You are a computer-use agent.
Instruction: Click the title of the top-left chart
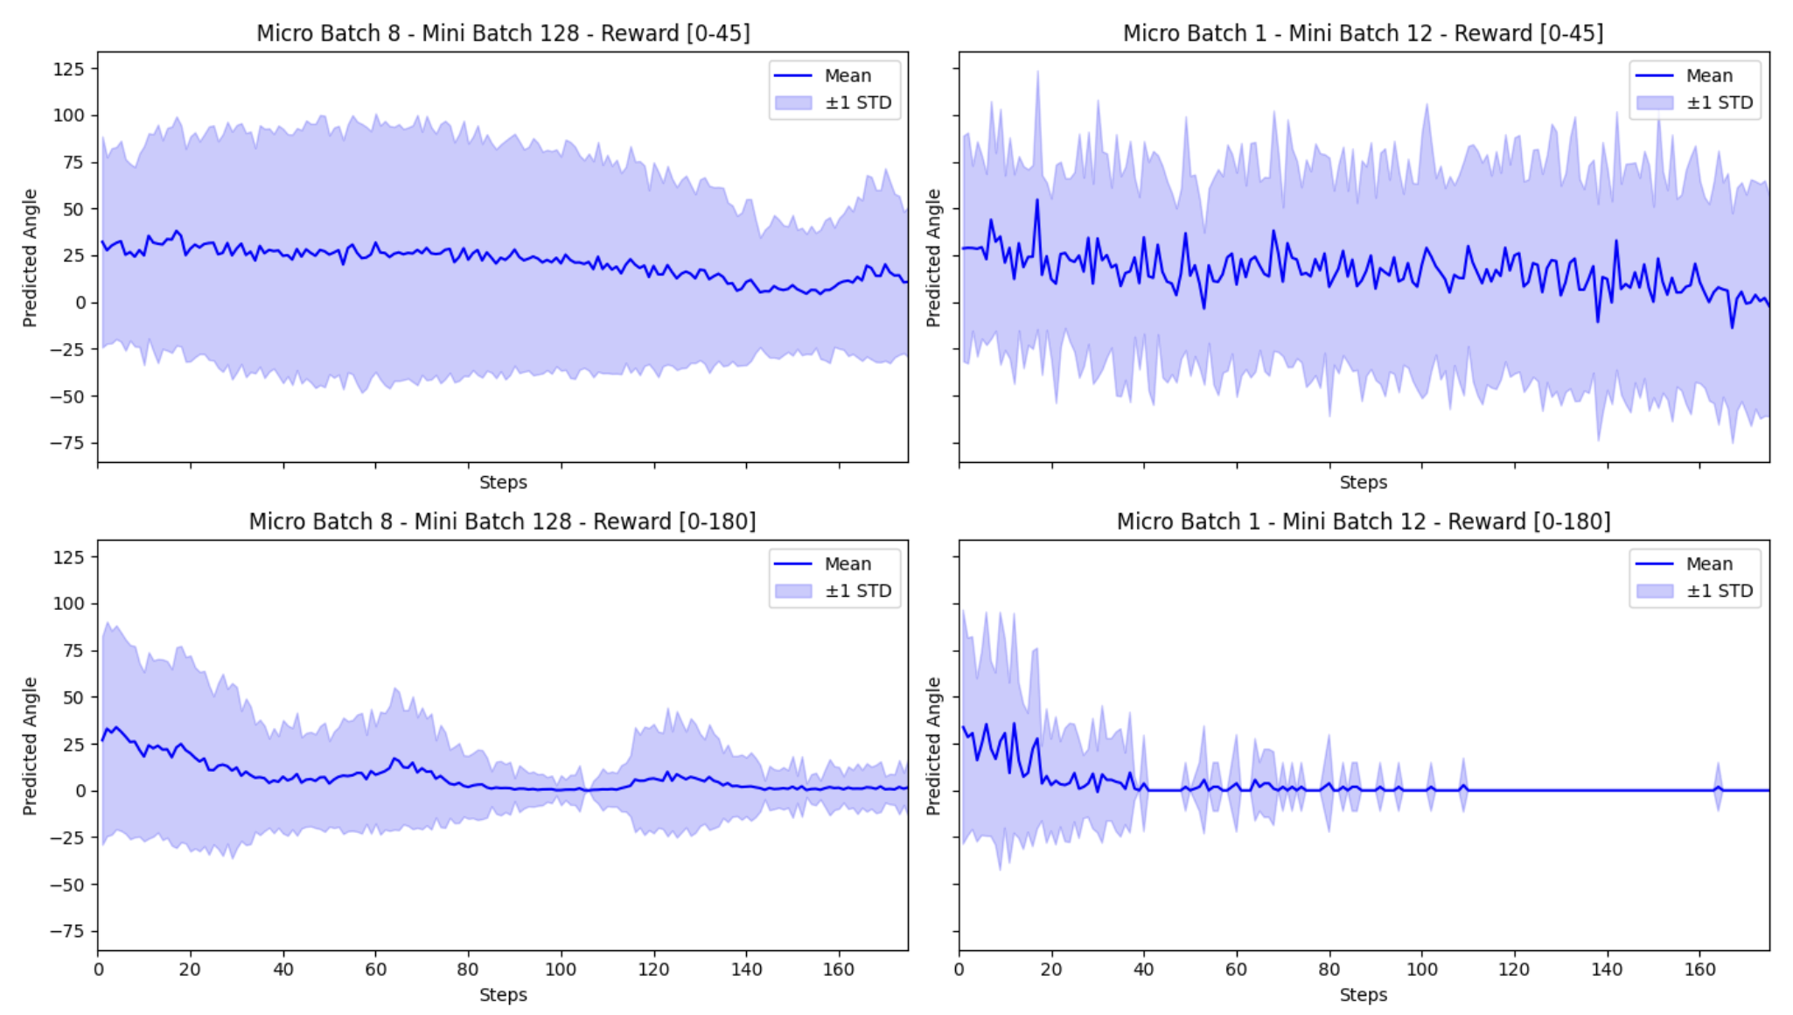tap(503, 33)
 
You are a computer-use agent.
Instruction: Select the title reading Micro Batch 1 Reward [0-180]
tap(1363, 521)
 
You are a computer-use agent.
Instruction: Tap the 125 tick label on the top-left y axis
tap(69, 69)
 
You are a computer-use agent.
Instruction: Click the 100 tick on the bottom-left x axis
tap(561, 969)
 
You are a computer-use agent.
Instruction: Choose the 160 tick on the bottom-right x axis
tap(1699, 969)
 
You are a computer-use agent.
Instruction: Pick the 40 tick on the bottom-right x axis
tap(1144, 969)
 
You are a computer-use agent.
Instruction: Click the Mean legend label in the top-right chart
tap(1709, 76)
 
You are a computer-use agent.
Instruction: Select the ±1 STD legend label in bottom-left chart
tap(858, 591)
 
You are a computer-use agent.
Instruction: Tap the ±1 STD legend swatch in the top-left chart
tap(793, 102)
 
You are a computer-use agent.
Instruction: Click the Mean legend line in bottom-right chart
tap(1654, 564)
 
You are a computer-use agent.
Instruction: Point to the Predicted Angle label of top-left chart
tap(31, 258)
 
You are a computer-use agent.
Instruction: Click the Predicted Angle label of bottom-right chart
tap(933, 746)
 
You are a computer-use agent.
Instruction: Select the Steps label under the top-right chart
tap(1363, 482)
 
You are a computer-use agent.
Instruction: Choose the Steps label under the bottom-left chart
tap(503, 995)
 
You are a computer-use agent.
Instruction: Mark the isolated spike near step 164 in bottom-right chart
tap(1718, 787)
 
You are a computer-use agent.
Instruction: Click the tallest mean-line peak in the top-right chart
tap(1037, 200)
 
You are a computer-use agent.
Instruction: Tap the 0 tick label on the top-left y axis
tap(80, 303)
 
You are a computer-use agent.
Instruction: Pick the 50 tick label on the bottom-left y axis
tap(74, 697)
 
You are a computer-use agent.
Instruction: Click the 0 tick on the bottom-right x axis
tap(959, 969)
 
